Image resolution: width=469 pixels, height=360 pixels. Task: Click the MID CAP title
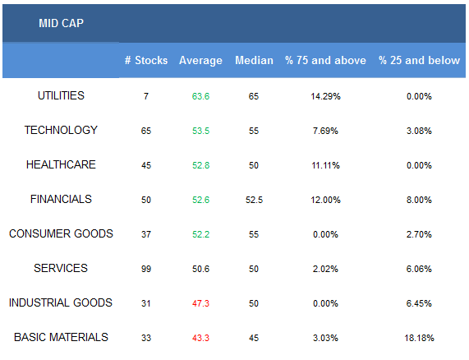(x=61, y=23)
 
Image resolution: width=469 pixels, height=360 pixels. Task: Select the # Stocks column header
(x=146, y=60)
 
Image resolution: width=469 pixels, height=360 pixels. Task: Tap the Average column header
(x=200, y=61)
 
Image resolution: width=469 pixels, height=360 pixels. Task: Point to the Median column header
(x=254, y=60)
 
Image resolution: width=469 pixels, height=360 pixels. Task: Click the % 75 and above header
(x=325, y=60)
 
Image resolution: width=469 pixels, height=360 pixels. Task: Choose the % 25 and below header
(x=419, y=60)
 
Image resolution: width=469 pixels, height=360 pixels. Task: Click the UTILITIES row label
(x=61, y=96)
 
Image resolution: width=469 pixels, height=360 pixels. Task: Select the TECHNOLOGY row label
(x=61, y=130)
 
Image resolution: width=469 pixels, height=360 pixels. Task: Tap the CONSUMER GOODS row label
(x=61, y=233)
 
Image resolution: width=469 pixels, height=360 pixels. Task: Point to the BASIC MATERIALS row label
(x=61, y=337)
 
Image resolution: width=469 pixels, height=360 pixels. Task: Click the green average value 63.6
(x=200, y=96)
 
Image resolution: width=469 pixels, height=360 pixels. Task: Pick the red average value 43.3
(x=200, y=338)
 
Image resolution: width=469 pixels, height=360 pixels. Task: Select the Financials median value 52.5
(x=254, y=200)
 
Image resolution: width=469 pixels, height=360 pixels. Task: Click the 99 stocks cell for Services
(x=146, y=269)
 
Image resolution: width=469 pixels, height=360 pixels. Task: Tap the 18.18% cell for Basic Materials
(x=419, y=338)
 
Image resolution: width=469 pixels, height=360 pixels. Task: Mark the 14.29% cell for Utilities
(x=325, y=96)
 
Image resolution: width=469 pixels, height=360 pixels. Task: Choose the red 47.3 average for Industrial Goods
(x=200, y=303)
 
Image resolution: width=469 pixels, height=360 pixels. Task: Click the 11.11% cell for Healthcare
(x=325, y=165)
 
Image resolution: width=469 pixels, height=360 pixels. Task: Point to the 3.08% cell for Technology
(x=419, y=131)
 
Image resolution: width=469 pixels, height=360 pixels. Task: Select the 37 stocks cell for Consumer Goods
(x=146, y=234)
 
